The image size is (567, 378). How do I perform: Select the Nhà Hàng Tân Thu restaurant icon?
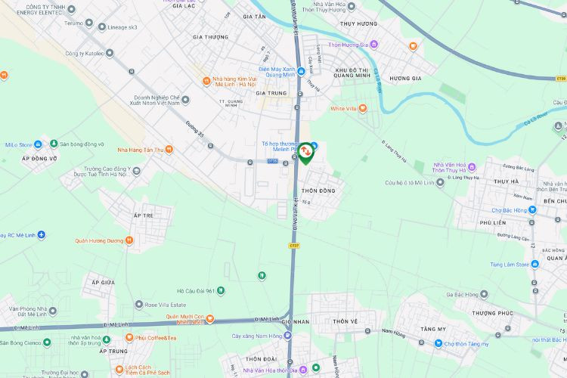pos(169,150)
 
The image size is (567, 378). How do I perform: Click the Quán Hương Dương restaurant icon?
pos(129,240)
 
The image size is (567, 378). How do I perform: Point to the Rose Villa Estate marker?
pos(139,305)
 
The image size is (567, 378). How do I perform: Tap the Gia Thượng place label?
pos(210,37)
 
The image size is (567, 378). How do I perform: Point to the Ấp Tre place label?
pos(143,215)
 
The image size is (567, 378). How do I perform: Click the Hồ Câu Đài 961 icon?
pos(221,290)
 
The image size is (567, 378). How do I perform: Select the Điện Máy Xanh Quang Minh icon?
pos(301,72)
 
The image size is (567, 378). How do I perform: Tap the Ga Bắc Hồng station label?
pos(466,294)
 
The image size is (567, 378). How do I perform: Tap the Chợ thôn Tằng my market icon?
pos(438,344)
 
